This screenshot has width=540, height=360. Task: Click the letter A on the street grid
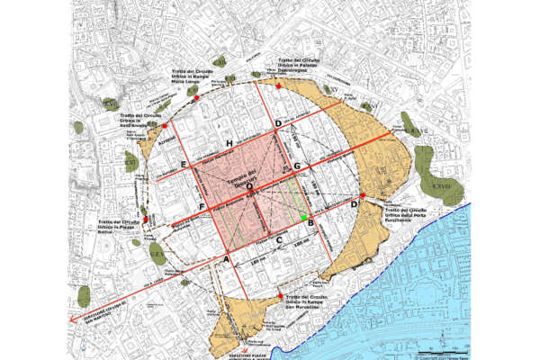pyautogui.click(x=226, y=257)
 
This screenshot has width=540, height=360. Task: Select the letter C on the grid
pyautogui.click(x=280, y=239)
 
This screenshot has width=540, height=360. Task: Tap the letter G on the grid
pyautogui.click(x=297, y=166)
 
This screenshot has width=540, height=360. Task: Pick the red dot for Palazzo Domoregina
pyautogui.click(x=281, y=86)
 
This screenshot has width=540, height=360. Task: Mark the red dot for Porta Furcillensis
pyautogui.click(x=361, y=195)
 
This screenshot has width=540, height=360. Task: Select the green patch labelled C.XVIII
pyautogui.click(x=442, y=189)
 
